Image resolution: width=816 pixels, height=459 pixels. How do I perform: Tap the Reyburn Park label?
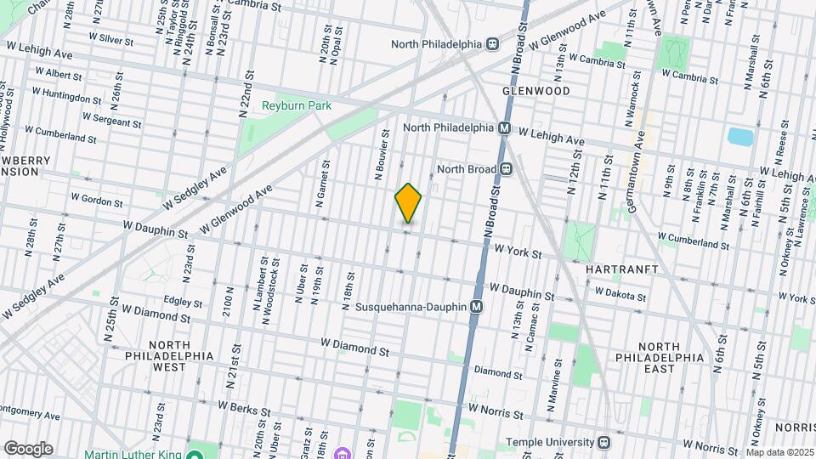click(296, 105)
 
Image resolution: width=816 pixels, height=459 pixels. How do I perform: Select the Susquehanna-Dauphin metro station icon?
click(477, 306)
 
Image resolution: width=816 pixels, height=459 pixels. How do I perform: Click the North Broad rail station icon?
click(507, 169)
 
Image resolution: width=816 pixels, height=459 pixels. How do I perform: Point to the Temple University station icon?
click(604, 442)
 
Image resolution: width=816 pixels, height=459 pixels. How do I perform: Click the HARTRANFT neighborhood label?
click(623, 269)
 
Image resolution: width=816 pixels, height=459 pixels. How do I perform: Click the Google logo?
click(28, 449)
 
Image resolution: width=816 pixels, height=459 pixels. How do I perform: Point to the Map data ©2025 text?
click(779, 452)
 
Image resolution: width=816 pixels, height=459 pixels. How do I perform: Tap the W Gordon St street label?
click(97, 200)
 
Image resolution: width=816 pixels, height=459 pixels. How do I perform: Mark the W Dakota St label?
click(620, 293)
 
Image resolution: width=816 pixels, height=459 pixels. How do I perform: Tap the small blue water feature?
click(740, 136)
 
